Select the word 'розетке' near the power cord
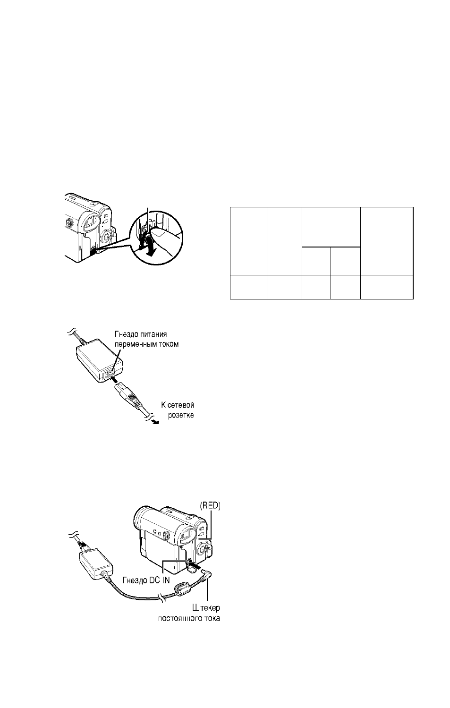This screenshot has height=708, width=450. pos(181,415)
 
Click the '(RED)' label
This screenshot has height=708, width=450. pos(210,506)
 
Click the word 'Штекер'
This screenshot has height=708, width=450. pos(206,608)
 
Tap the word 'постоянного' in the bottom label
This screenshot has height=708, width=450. pos(178,618)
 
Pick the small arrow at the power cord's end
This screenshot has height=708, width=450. pos(155,422)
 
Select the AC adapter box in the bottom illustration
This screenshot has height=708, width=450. pos(95,564)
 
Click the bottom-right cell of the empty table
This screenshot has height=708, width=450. pos(387,287)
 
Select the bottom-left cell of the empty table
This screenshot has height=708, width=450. pos(249,287)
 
